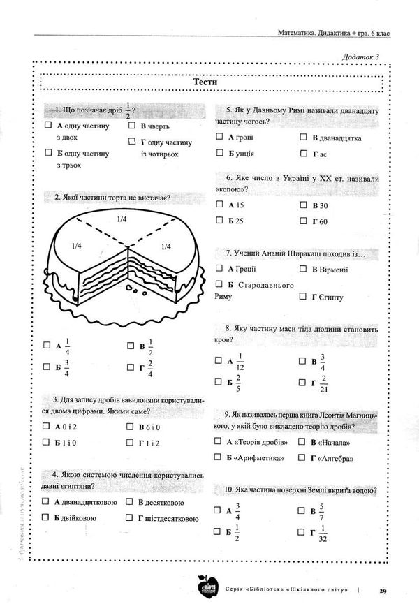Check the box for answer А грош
tap(220, 138)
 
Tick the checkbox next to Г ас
tap(304, 153)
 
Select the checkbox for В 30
tap(304, 205)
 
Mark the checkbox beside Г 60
tap(304, 221)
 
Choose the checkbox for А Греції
tap(220, 269)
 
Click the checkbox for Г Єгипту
tap(304, 297)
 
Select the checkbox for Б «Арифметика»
tap(220, 457)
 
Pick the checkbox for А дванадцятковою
tap(47, 501)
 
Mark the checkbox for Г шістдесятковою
tap(130, 517)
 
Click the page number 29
tap(383, 591)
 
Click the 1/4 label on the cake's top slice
tap(122, 219)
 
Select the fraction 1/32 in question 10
tap(323, 536)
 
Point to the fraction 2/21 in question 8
tap(323, 382)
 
